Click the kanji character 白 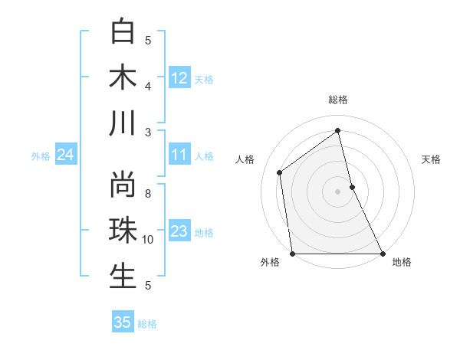(x=123, y=31)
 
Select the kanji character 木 (x=123, y=77)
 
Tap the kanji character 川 (x=123, y=123)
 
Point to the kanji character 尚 (x=123, y=185)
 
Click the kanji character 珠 (x=123, y=231)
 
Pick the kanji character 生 (x=123, y=277)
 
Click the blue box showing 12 (x=179, y=78)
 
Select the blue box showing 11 (x=179, y=155)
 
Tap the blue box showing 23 (x=179, y=232)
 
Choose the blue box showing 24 (x=65, y=155)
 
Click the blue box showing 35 (x=123, y=322)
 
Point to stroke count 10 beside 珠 (x=148, y=240)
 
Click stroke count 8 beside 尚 (x=148, y=184)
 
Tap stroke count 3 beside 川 (x=148, y=133)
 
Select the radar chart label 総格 (x=338, y=100)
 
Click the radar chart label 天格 (x=432, y=159)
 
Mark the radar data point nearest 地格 (x=382, y=254)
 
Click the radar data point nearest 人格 (x=279, y=172)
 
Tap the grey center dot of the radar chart (x=338, y=191)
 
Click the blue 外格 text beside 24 (x=41, y=156)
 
